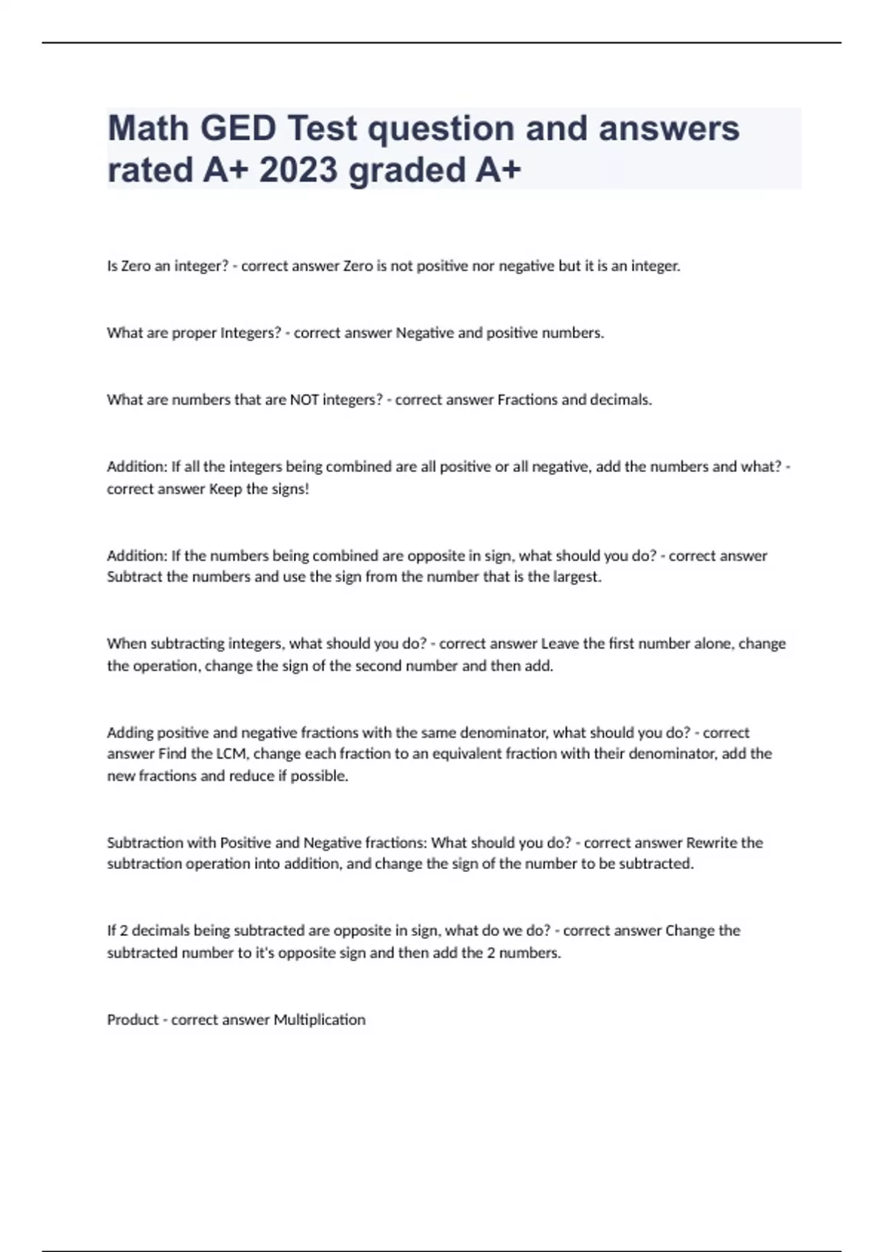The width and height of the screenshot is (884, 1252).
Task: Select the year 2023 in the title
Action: click(298, 171)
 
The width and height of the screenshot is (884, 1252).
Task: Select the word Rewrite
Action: click(712, 843)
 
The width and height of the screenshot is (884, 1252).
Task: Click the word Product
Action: click(133, 1020)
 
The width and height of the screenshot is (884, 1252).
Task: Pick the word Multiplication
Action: click(319, 1020)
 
